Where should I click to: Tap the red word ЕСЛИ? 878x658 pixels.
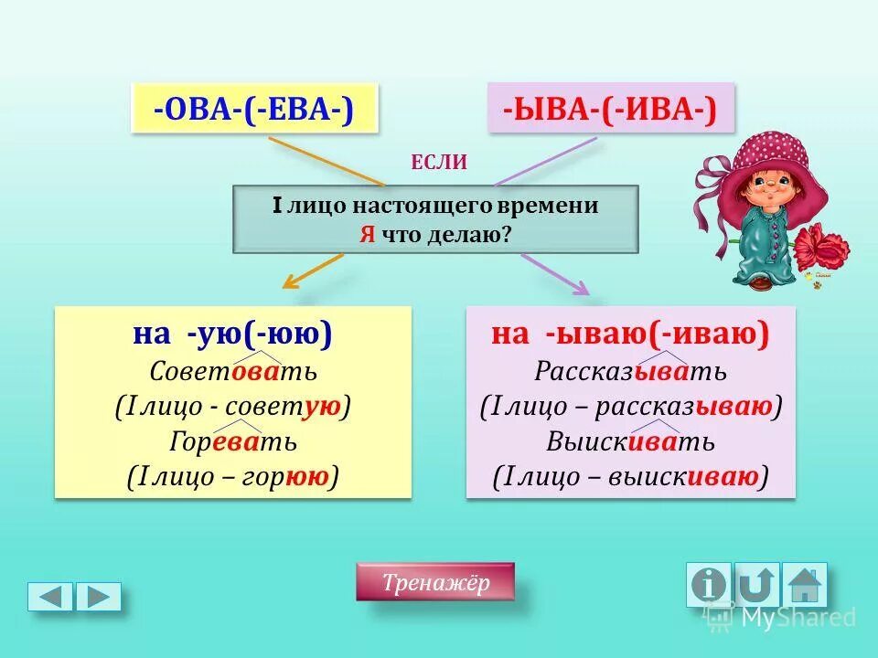439,164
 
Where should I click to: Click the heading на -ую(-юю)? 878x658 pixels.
232,334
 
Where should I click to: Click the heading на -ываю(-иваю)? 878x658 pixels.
630,334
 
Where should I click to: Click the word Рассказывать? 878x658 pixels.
630,371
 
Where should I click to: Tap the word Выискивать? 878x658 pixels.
630,441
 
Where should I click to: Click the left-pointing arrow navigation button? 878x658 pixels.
50,596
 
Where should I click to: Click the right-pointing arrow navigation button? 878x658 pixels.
98,596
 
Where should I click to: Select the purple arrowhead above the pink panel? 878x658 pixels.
579,287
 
